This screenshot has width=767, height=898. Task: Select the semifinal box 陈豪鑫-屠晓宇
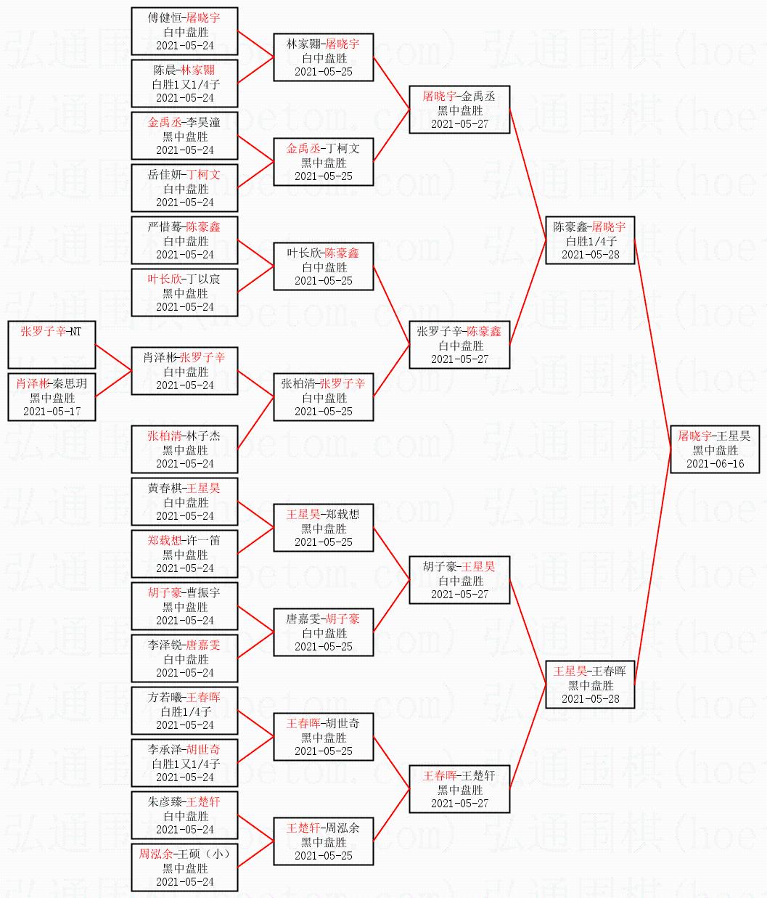click(591, 240)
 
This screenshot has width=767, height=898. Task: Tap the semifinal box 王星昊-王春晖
click(591, 685)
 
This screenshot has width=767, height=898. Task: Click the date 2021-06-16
click(715, 464)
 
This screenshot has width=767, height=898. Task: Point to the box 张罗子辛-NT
click(52, 345)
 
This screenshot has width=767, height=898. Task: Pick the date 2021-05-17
click(52, 412)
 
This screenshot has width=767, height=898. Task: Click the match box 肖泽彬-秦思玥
click(52, 397)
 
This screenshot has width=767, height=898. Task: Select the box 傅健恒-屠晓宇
click(185, 31)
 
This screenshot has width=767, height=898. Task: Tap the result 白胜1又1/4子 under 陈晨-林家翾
click(185, 84)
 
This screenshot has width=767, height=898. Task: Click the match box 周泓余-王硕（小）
click(185, 868)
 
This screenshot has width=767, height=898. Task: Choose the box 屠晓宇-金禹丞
click(459, 110)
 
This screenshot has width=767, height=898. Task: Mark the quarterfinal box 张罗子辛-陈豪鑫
click(459, 345)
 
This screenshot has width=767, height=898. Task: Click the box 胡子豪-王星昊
click(459, 580)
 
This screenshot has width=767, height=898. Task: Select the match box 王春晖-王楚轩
click(459, 789)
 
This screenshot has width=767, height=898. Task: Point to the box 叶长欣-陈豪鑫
click(323, 266)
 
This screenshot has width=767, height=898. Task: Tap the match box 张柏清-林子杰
click(185, 449)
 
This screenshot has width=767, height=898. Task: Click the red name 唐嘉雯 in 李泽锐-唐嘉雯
click(202, 645)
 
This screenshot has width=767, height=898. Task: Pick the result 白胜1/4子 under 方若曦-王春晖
click(185, 711)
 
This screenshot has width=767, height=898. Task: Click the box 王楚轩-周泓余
click(323, 841)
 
